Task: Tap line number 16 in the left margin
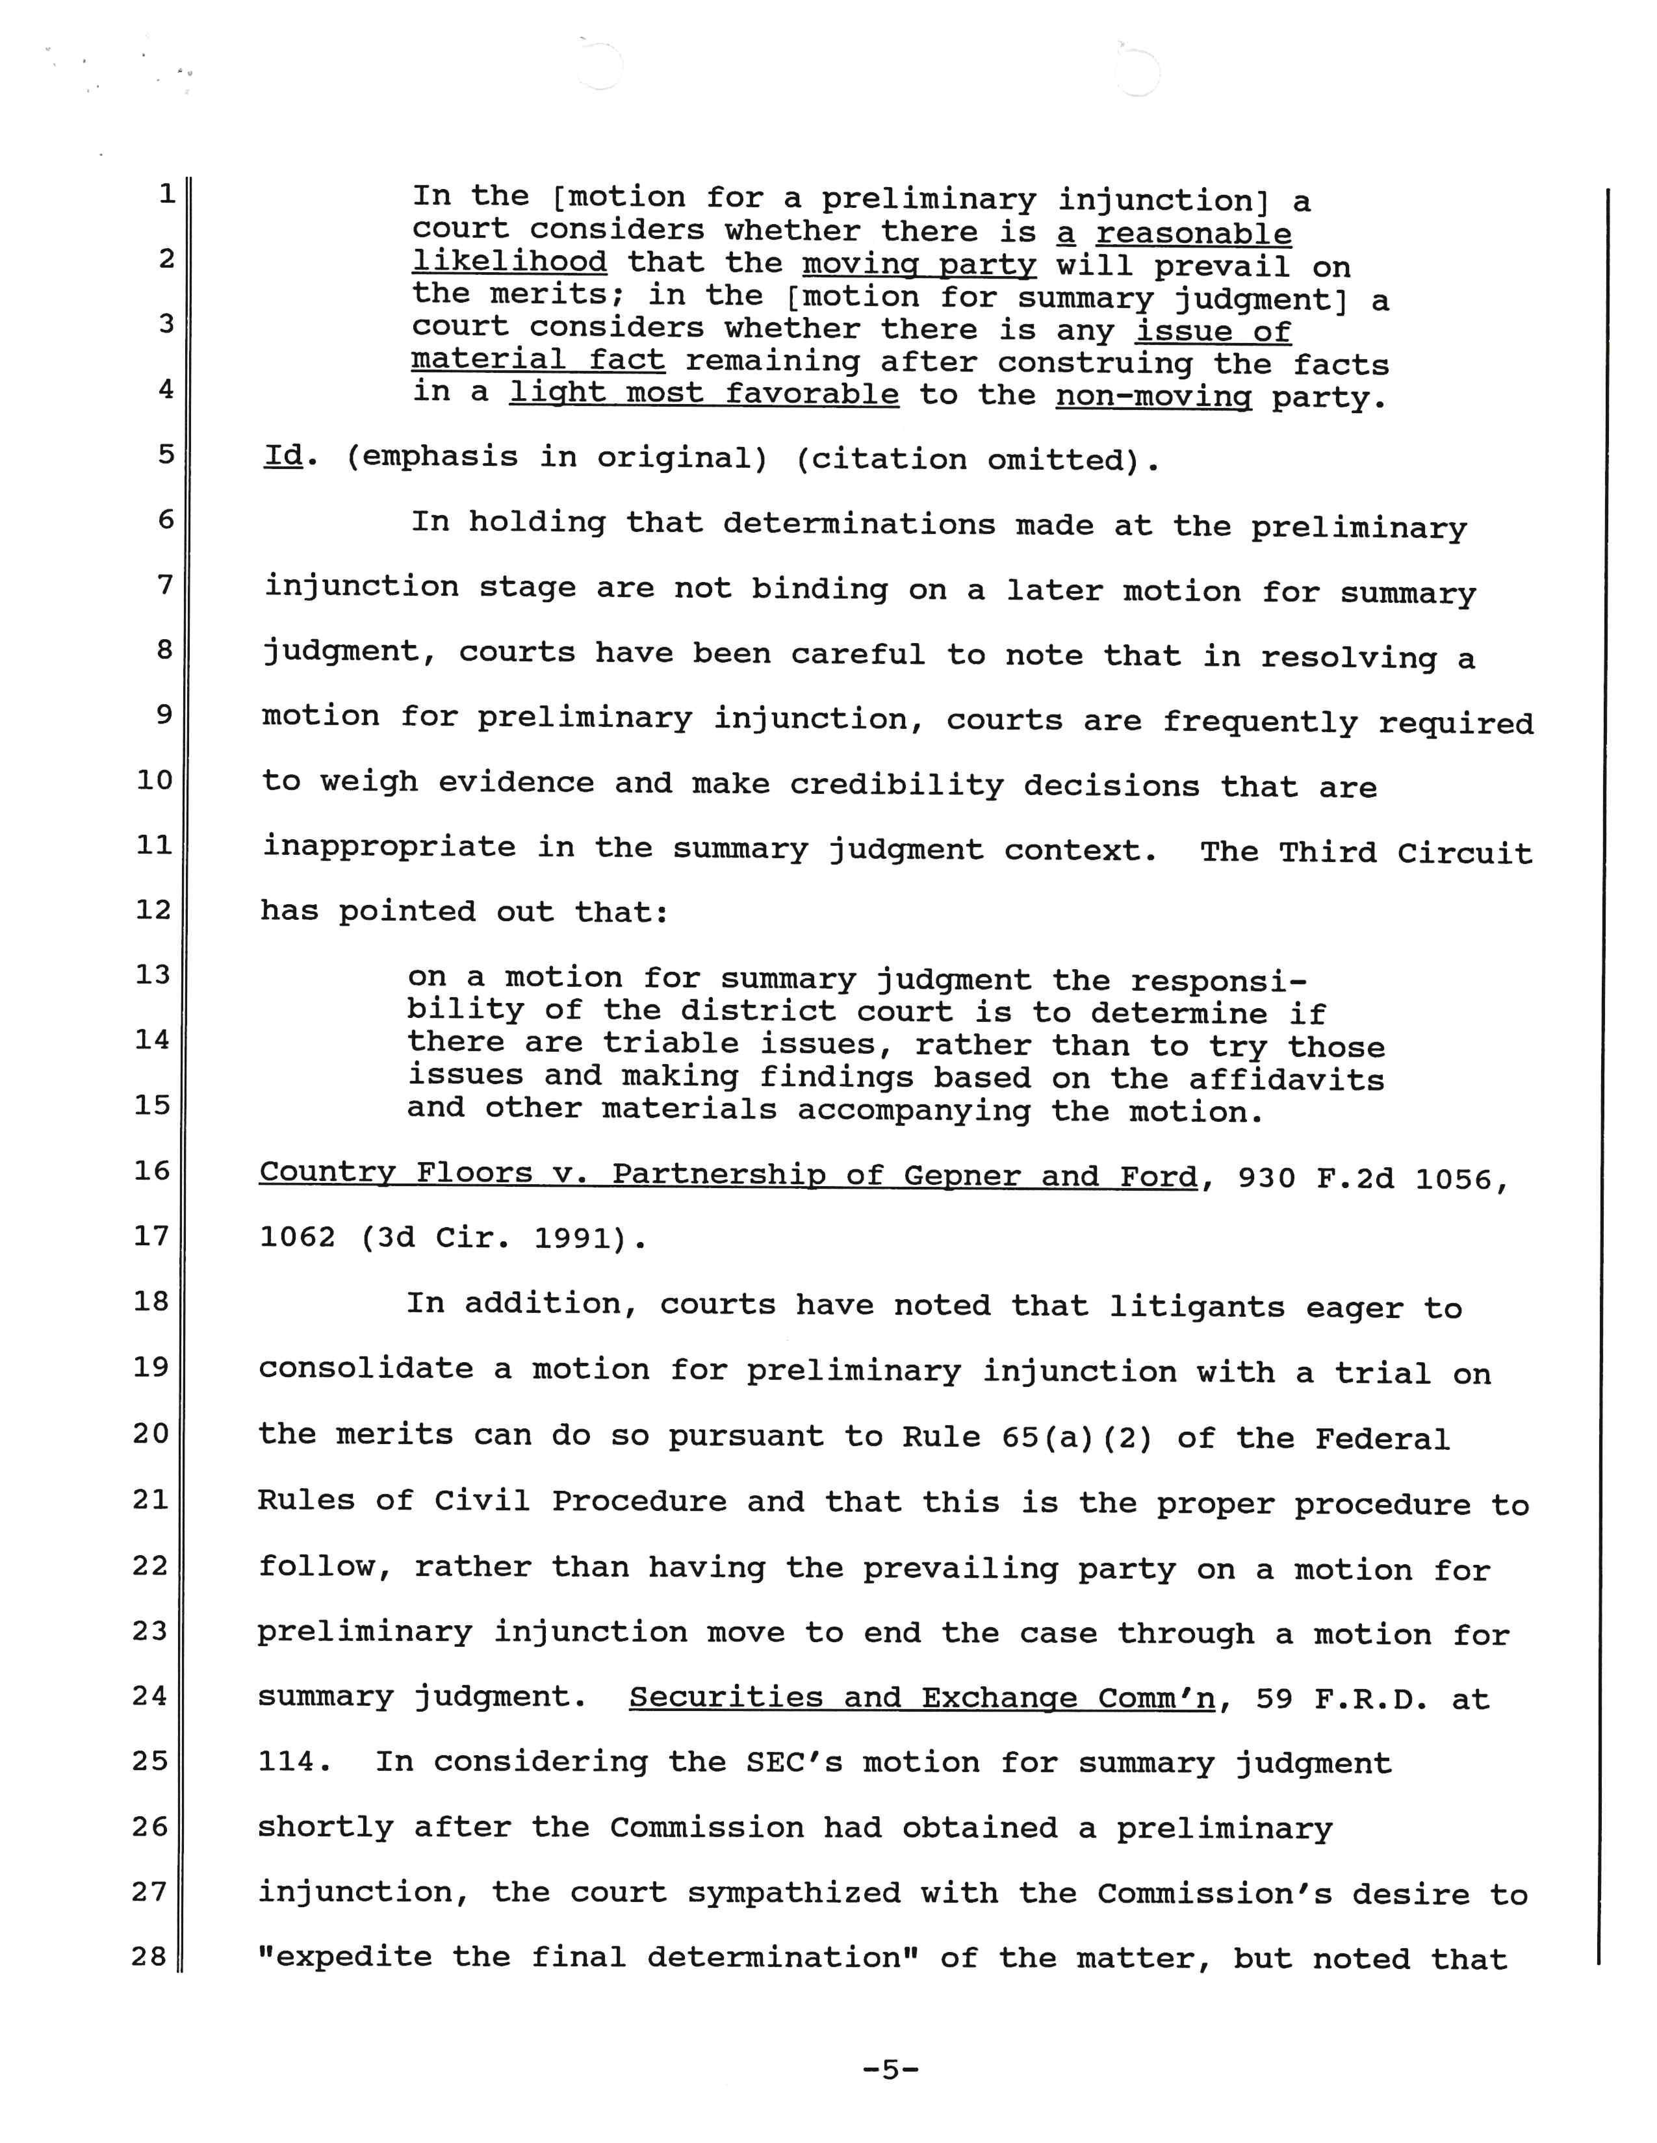click(152, 1170)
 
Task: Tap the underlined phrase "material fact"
click(538, 360)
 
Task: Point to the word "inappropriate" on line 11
click(389, 847)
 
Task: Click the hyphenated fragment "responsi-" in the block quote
click(1218, 980)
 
